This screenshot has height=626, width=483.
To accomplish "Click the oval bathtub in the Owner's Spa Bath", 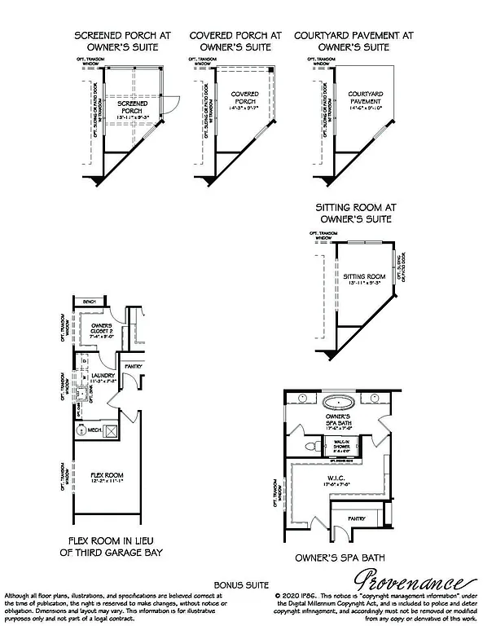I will click(337, 402).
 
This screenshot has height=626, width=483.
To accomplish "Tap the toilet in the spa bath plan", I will click(313, 447).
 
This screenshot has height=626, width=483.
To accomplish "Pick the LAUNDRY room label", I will click(103, 377).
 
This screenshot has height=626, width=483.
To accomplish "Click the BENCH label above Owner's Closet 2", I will click(89, 302).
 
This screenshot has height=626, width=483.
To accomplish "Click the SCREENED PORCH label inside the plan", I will click(130, 108).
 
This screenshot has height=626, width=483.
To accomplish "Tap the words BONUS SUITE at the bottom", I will click(241, 585).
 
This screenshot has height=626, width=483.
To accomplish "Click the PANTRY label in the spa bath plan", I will click(358, 518).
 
